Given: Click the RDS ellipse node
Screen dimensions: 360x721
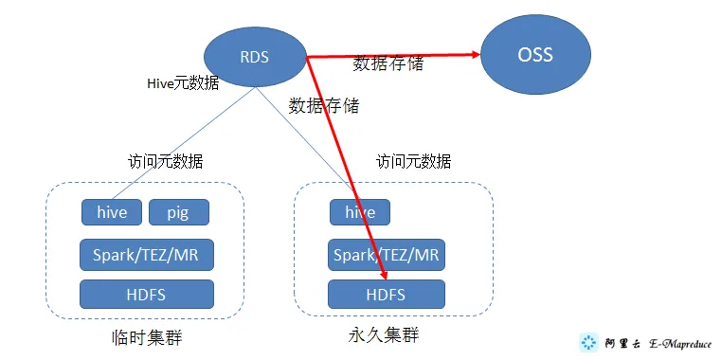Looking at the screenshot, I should tap(255, 57).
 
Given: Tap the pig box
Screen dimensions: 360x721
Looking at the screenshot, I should tap(178, 213).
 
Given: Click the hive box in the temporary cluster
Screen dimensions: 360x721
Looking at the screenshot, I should tap(111, 213).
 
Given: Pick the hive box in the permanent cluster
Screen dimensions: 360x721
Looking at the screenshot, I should tap(360, 213).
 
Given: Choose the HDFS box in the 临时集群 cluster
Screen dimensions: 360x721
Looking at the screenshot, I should tap(146, 294).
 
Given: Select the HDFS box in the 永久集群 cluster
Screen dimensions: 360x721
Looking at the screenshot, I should tap(386, 294).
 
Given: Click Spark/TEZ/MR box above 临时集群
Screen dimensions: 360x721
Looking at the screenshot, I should tap(146, 254).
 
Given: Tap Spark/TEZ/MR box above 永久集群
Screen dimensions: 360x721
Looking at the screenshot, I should tap(386, 254).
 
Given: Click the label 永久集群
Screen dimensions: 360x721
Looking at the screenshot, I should tap(383, 335).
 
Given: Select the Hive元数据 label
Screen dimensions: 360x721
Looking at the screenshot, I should tap(184, 83).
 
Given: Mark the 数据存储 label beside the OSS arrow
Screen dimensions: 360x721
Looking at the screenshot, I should tap(388, 64).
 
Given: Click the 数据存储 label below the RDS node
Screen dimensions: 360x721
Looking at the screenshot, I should tap(324, 105).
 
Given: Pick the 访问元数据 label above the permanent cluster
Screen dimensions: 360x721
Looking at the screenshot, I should tap(413, 160).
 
